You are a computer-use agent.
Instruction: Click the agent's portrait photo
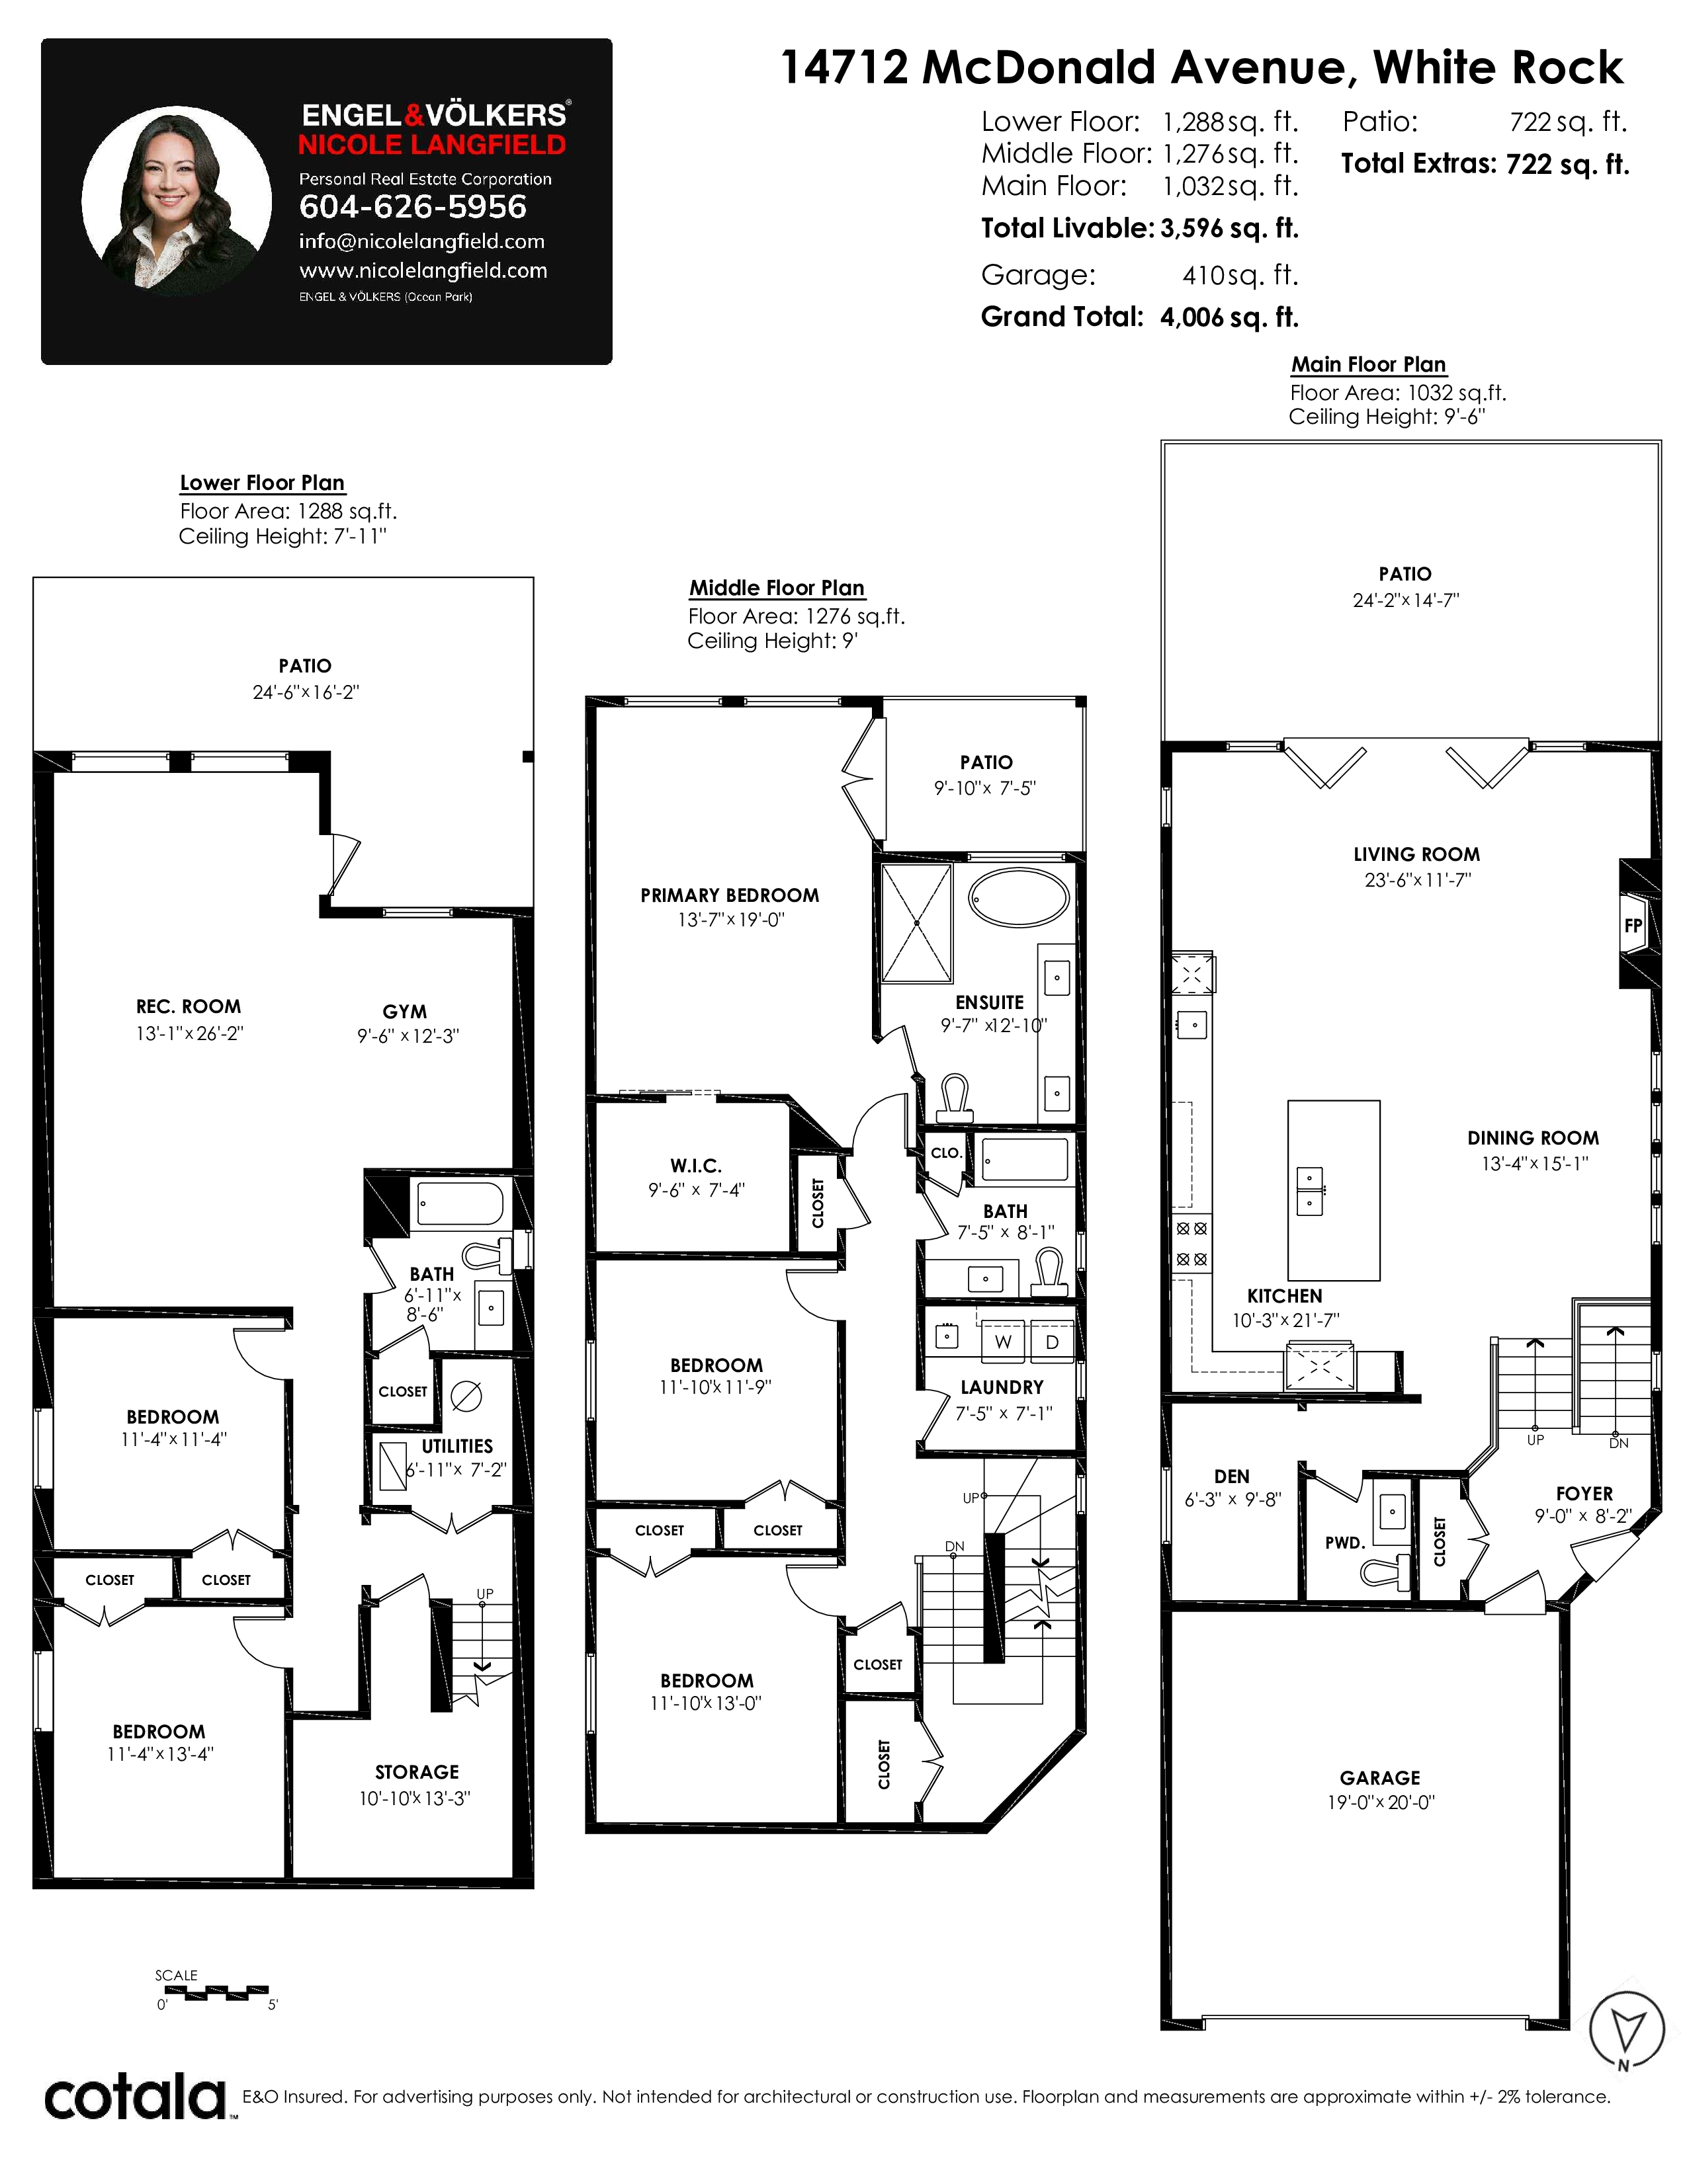pyautogui.click(x=177, y=201)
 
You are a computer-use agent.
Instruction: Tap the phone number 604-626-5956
pyautogui.click(x=413, y=207)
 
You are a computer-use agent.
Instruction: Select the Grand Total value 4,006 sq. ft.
pyautogui.click(x=1229, y=317)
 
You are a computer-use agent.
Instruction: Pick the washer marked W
pyautogui.click(x=1002, y=1342)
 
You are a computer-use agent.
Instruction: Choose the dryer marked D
pyautogui.click(x=1051, y=1342)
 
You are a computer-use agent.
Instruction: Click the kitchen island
pyautogui.click(x=1333, y=1191)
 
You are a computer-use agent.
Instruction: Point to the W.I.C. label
pyautogui.click(x=695, y=1165)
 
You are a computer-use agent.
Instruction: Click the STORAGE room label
pyautogui.click(x=417, y=1771)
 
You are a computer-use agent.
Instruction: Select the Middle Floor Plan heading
pyautogui.click(x=777, y=587)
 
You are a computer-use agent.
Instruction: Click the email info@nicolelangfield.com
pyautogui.click(x=422, y=242)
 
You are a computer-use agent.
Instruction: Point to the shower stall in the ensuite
pyautogui.click(x=916, y=923)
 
